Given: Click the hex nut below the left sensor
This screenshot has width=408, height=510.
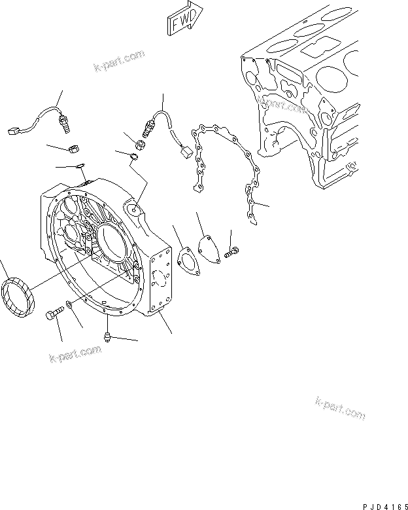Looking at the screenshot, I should tap(74, 151).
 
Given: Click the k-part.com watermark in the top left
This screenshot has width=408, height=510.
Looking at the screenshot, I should tap(119, 62).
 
